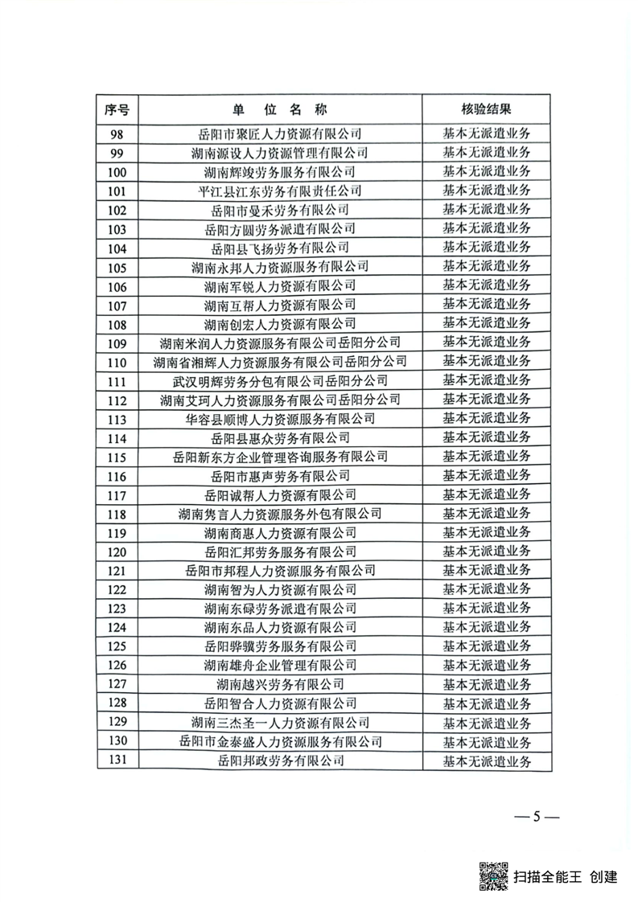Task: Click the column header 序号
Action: tap(117, 109)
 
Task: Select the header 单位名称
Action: tap(280, 109)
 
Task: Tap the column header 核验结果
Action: tap(487, 109)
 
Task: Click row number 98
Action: tap(117, 133)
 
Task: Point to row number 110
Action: tap(117, 362)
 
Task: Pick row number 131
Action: tap(117, 760)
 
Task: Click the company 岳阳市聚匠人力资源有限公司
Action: tap(280, 133)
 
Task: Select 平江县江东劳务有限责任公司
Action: tap(280, 191)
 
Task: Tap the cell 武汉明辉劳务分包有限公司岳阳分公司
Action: tap(280, 380)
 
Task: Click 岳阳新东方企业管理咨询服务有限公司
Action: tap(280, 457)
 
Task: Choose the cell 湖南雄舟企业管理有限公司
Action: tap(280, 665)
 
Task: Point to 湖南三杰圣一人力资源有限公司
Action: tap(280, 722)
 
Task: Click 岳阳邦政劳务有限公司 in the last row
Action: tap(280, 760)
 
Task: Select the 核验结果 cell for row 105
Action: tap(487, 266)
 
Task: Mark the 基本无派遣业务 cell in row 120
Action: tap(487, 551)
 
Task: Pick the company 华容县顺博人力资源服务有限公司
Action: tap(280, 419)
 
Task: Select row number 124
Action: tap(117, 627)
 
